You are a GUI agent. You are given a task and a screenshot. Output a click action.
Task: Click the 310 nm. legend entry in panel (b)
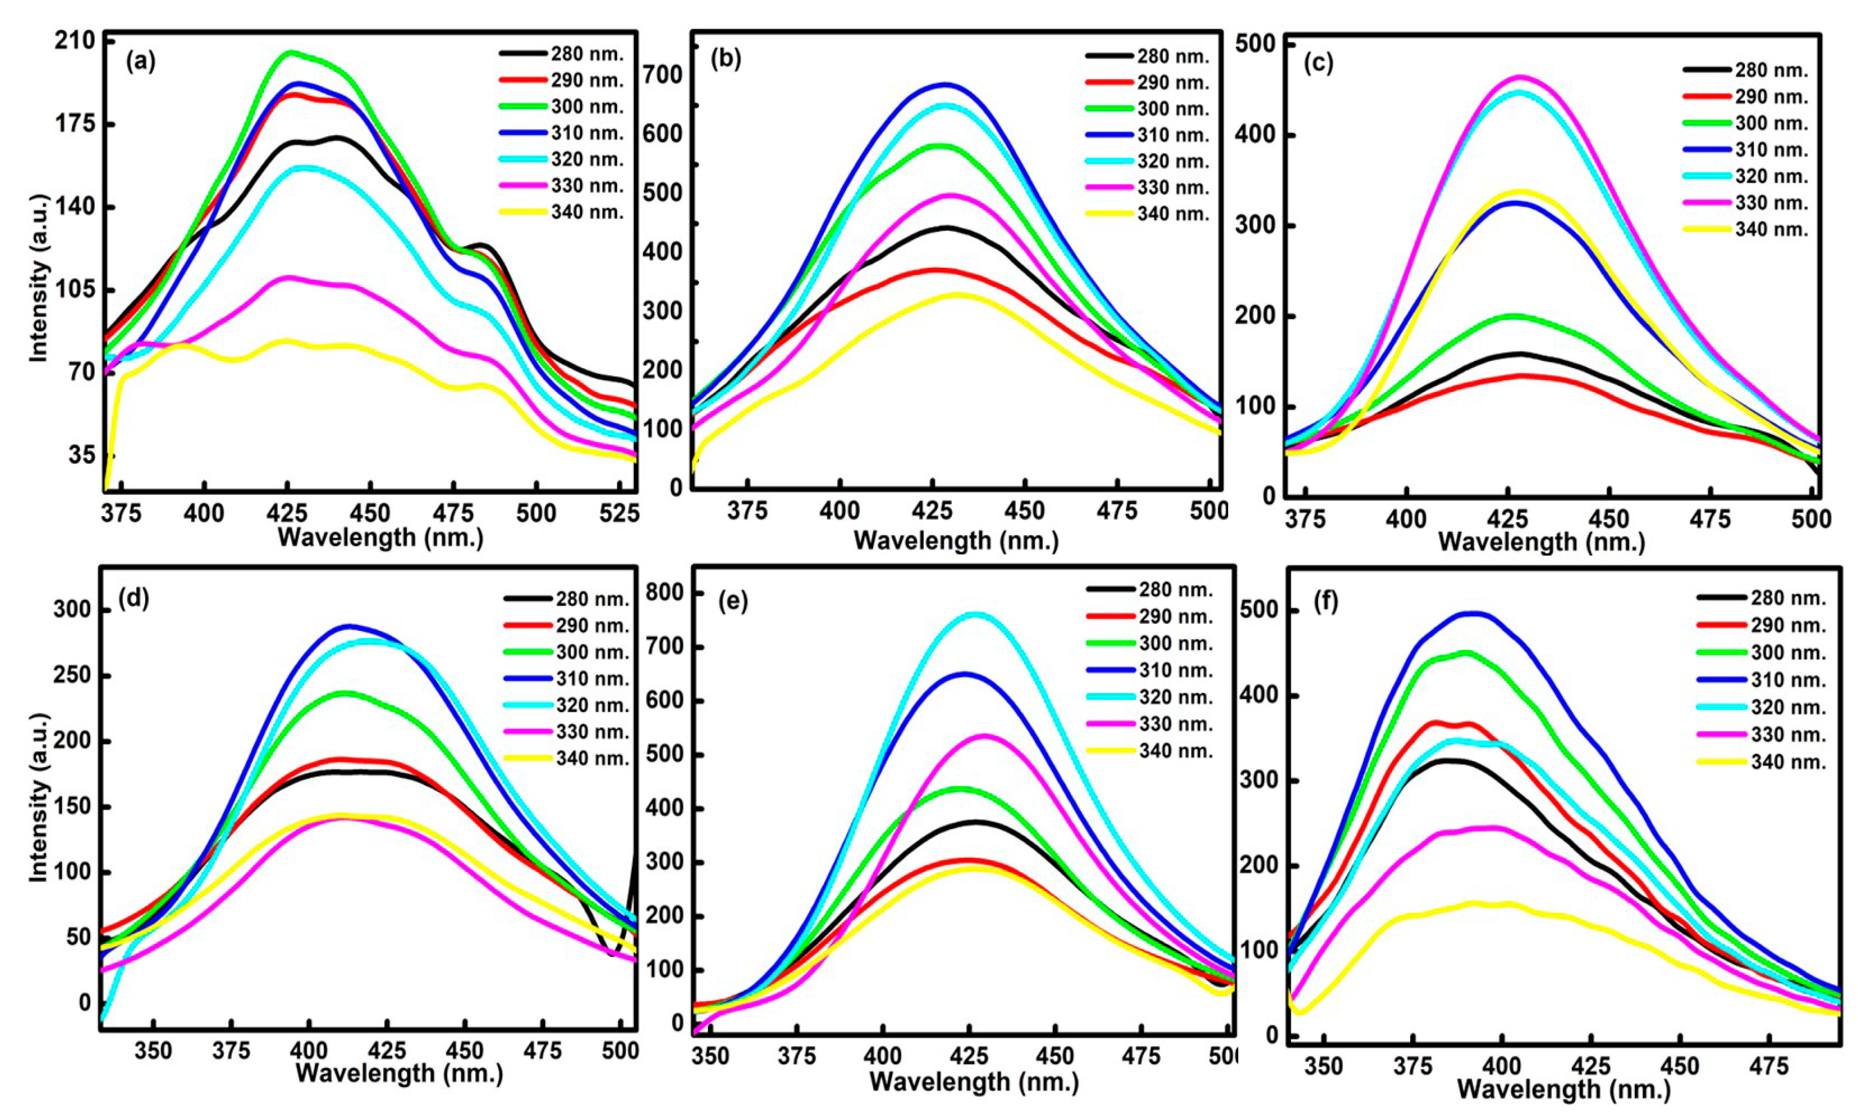click(1147, 135)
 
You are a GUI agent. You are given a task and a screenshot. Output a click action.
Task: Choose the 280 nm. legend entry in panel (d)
click(566, 600)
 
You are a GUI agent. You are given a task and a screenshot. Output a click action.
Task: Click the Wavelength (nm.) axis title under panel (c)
click(1541, 542)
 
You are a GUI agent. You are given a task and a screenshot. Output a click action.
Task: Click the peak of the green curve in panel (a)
click(290, 52)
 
